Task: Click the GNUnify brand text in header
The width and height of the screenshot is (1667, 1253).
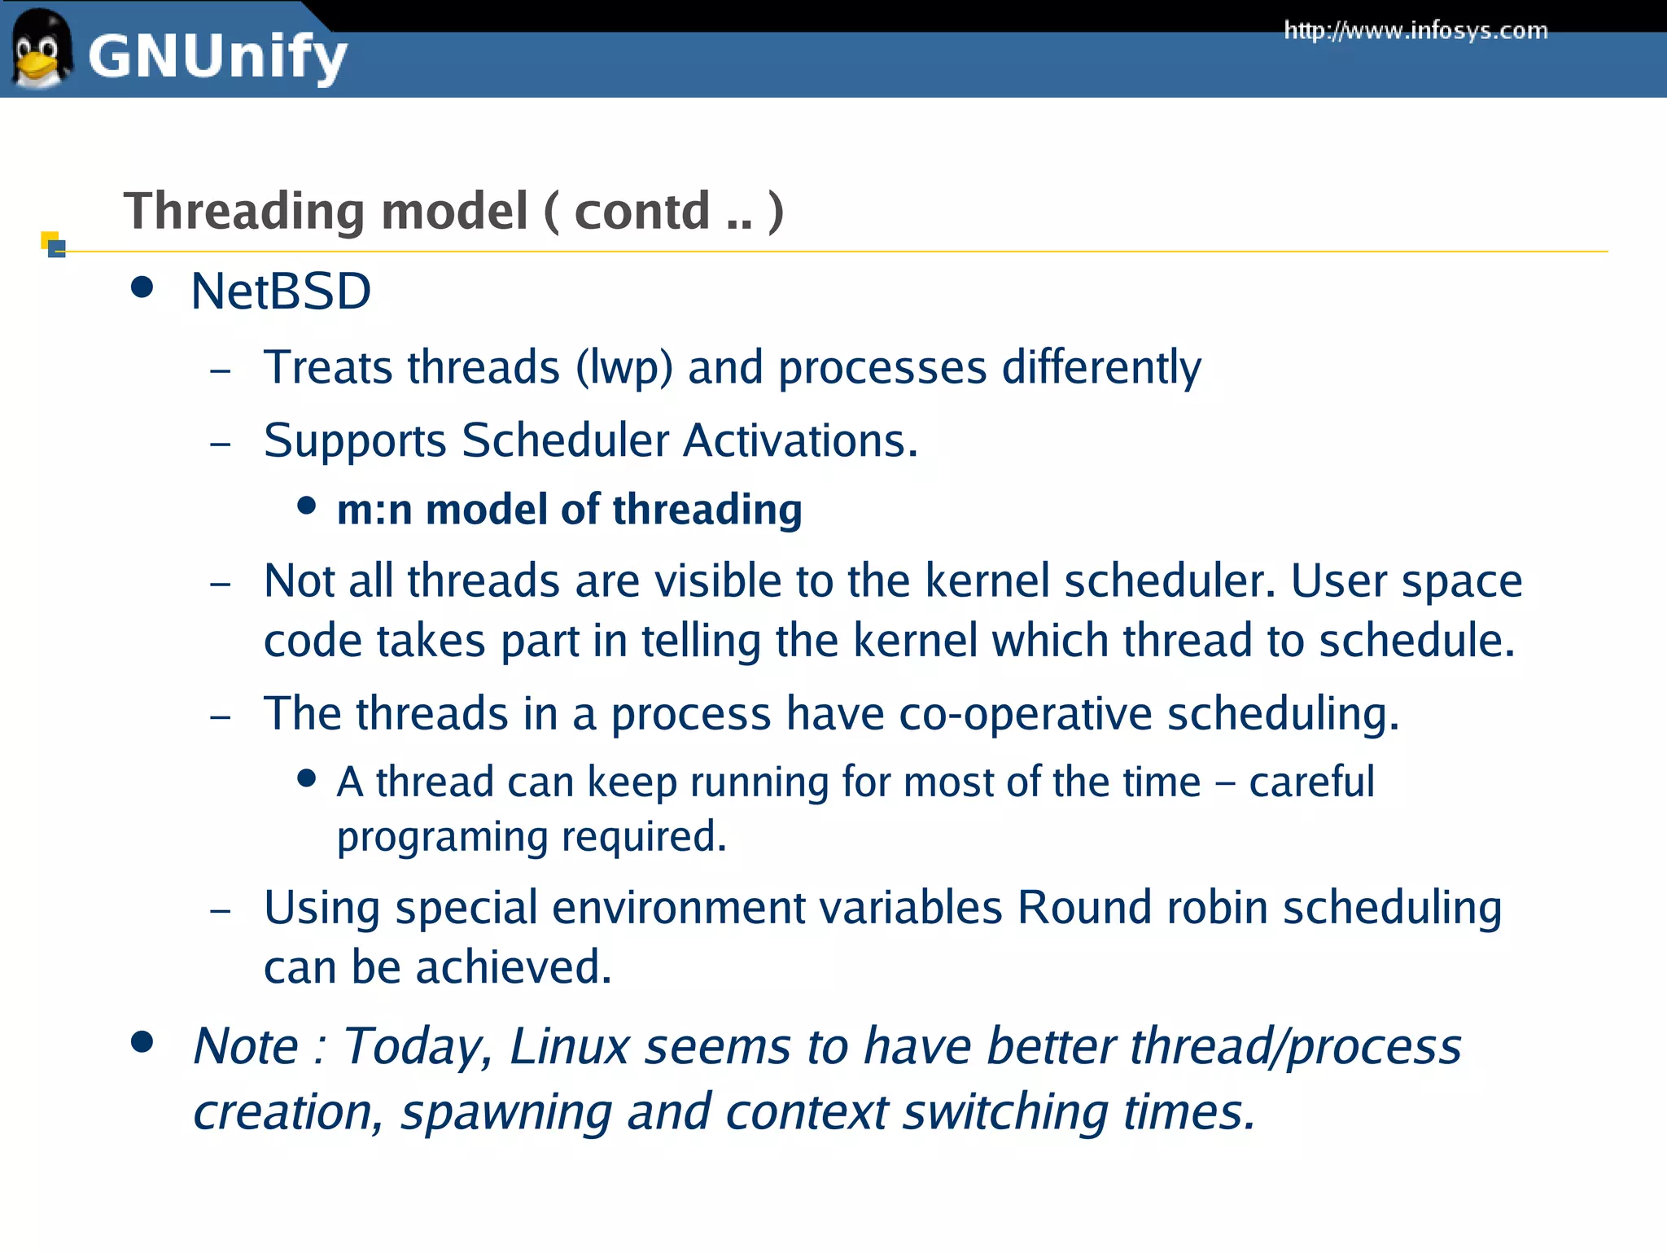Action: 217,57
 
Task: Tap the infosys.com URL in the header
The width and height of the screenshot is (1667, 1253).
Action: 1415,31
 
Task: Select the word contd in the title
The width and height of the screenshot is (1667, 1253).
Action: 642,212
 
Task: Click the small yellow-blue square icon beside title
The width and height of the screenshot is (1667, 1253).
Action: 53,243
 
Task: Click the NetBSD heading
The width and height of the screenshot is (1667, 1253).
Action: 281,291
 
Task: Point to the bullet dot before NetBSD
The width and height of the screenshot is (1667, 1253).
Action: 142,287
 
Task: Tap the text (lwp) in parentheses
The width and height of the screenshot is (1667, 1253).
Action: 624,368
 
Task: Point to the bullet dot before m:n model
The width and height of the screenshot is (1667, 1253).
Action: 306,506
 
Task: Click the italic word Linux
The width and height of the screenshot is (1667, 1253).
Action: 570,1046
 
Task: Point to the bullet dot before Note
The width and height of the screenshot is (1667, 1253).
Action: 142,1042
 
